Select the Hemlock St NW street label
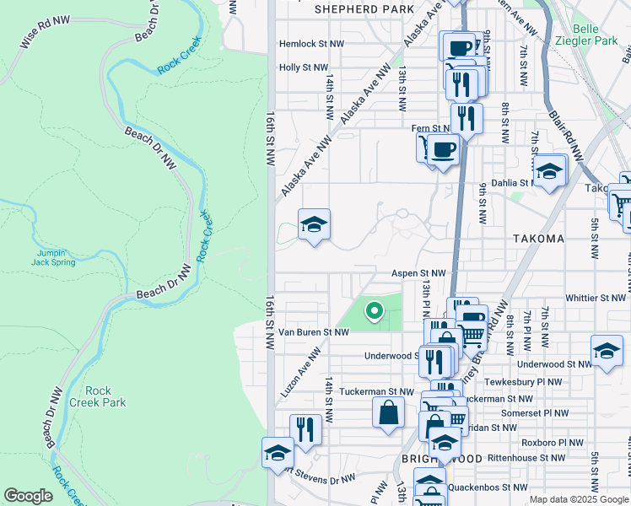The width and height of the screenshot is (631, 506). (x=312, y=45)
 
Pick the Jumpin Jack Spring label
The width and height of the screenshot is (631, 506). (x=55, y=257)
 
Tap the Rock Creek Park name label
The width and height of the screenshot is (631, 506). (x=105, y=396)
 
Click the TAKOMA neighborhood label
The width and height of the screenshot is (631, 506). (x=538, y=239)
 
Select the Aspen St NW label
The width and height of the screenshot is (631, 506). (x=418, y=274)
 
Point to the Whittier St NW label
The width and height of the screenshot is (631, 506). (x=596, y=299)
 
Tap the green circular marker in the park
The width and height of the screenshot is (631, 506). (x=374, y=312)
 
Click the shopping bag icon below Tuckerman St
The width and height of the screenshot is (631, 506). (x=388, y=413)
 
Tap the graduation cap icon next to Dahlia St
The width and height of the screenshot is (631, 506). (x=549, y=171)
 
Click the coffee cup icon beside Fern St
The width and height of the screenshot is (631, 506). (x=443, y=149)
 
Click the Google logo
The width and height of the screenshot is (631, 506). (x=28, y=496)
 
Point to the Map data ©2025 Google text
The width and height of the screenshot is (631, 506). (x=578, y=499)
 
